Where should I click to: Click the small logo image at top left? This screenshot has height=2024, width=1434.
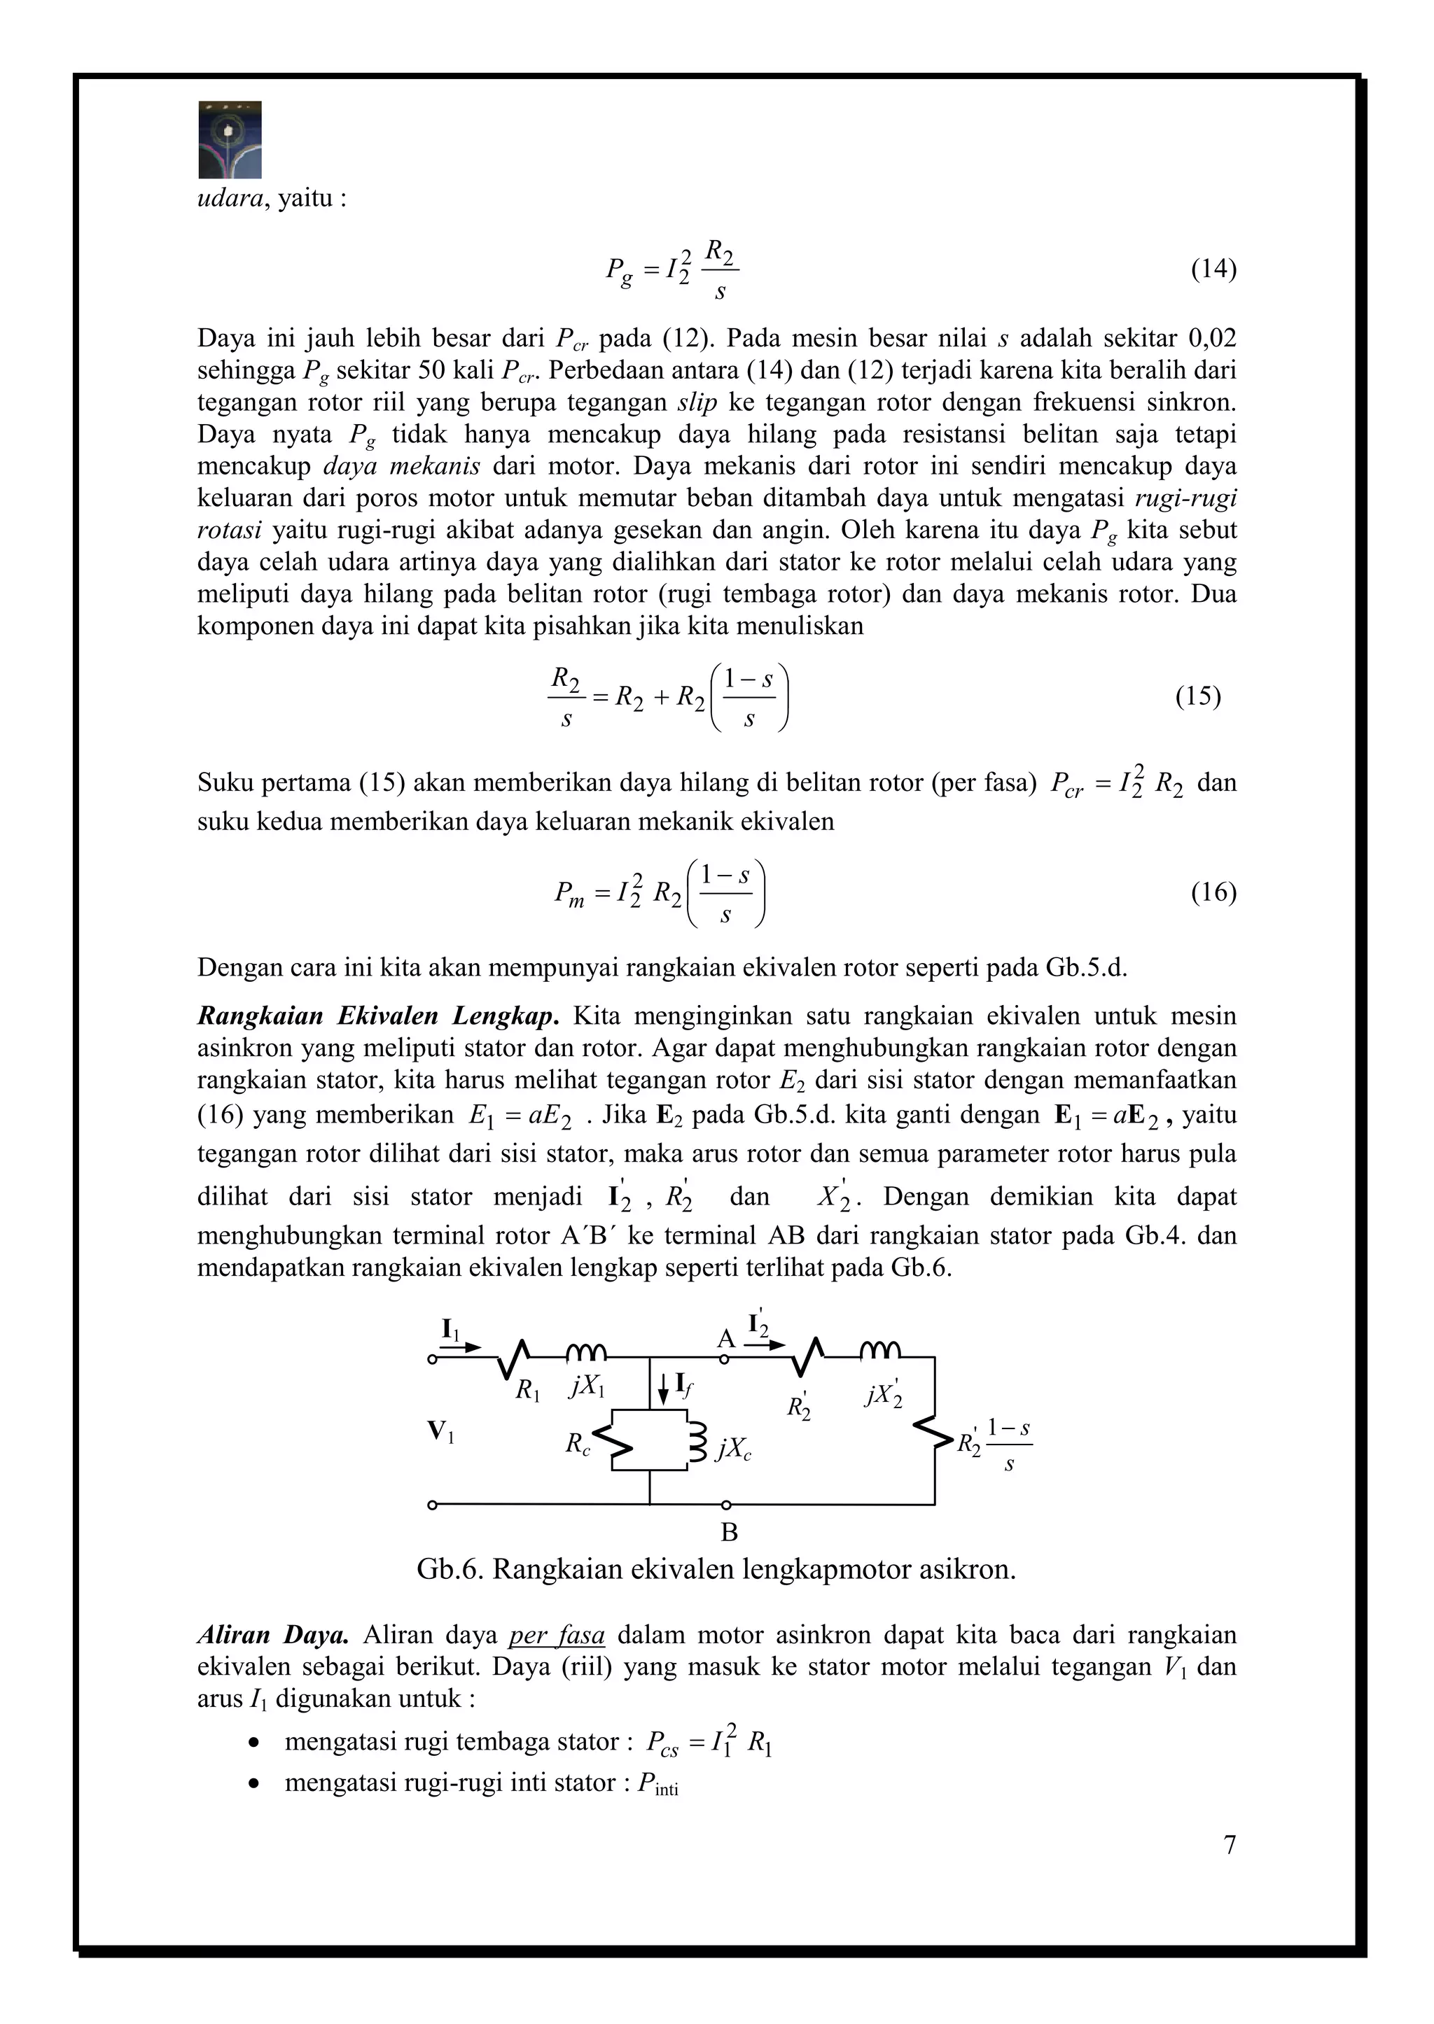(230, 139)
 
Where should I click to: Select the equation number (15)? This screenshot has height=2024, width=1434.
(1197, 696)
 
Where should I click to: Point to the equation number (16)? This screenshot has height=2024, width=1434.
(1213, 892)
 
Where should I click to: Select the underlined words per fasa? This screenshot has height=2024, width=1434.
(556, 1635)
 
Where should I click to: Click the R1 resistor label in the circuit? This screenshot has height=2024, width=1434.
(528, 1392)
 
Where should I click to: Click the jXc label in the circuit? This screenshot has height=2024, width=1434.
(734, 1449)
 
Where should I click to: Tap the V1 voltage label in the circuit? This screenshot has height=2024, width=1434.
(440, 1431)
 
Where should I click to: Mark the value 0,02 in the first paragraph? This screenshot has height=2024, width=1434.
(1211, 338)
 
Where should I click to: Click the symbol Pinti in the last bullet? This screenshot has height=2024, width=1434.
(658, 1783)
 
